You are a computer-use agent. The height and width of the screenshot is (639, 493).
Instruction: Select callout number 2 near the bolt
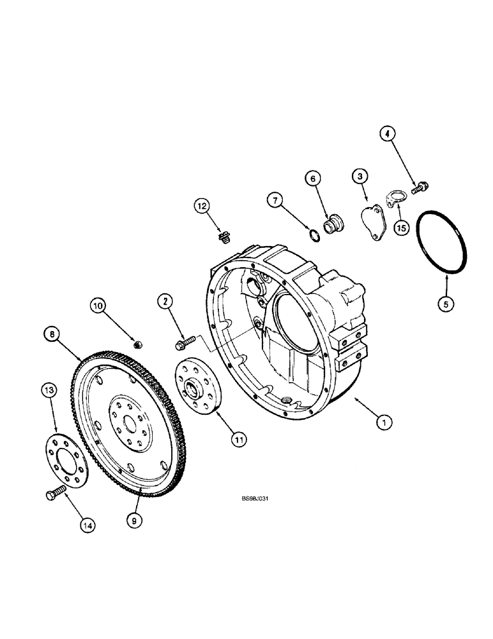pos(165,301)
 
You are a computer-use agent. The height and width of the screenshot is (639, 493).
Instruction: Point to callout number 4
pos(388,134)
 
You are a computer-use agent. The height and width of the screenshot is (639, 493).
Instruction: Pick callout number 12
pos(202,206)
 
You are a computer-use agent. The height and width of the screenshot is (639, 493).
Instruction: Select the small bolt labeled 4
pos(420,187)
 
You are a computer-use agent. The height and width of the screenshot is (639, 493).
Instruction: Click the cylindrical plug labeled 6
pos(334,226)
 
